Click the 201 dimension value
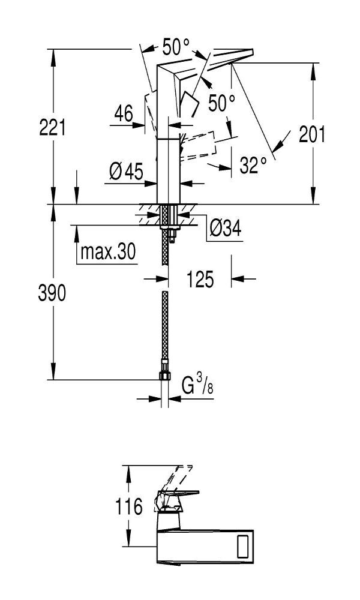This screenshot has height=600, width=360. pyautogui.click(x=312, y=134)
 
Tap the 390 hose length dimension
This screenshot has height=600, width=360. pyautogui.click(x=52, y=293)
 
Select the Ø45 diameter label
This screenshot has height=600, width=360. pyautogui.click(x=126, y=171)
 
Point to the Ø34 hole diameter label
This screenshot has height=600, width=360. pyautogui.click(x=226, y=229)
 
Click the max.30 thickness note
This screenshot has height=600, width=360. pyautogui.click(x=108, y=252)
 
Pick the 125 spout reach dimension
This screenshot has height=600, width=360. pyautogui.click(x=200, y=279)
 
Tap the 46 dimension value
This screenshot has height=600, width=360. pyautogui.click(x=124, y=114)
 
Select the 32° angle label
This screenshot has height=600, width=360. pyautogui.click(x=253, y=166)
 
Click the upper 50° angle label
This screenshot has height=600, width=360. pyautogui.click(x=176, y=47)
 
